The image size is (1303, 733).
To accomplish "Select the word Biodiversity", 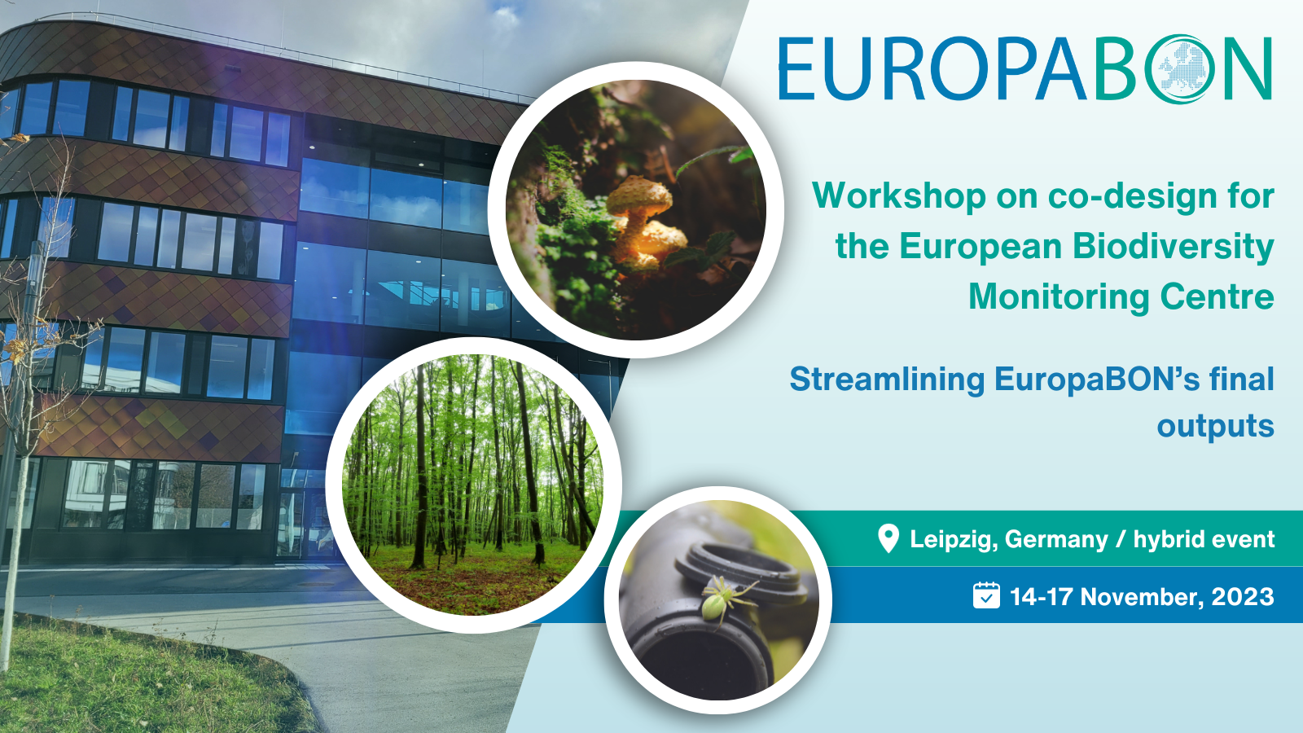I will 1173,246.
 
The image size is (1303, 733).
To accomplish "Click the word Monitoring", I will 1059,297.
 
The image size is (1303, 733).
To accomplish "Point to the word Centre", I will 1217,296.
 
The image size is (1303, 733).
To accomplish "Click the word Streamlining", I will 887,380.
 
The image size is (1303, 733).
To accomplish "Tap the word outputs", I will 1215,427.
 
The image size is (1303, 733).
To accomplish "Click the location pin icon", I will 888,538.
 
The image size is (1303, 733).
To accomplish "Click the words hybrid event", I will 1204,539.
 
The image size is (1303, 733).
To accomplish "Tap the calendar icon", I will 986,595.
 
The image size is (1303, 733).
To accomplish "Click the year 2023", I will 1243,597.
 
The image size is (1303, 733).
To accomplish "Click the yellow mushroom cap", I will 640,195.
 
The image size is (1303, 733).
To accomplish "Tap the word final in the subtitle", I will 1241,380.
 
